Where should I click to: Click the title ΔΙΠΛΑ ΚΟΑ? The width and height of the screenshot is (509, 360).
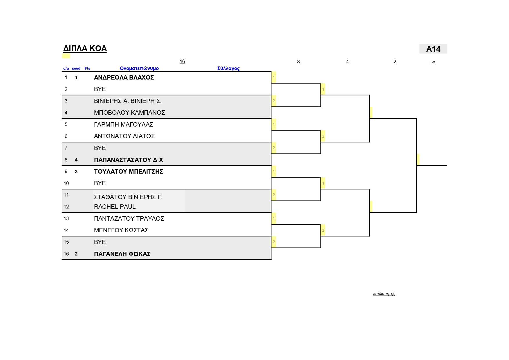pos(85,48)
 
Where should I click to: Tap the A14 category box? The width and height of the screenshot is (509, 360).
pos(433,49)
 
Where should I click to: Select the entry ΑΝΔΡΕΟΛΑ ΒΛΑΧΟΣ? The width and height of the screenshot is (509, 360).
pos(124,78)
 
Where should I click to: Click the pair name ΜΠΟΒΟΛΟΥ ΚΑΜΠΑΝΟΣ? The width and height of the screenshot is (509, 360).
pos(129,113)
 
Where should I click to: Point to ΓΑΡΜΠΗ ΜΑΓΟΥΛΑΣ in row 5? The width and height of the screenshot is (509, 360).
pos(124,125)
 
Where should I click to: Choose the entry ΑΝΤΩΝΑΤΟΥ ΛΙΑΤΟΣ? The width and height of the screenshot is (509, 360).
pos(124,136)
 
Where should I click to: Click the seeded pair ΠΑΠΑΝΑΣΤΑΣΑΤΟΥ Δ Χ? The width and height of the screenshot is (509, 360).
pos(129,160)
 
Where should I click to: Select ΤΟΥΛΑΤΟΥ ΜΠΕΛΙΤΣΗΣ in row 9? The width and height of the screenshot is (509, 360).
pos(129,172)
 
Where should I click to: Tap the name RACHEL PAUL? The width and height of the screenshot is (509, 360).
pos(115,207)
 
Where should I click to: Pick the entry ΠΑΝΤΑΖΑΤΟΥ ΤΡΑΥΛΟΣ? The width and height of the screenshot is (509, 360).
pos(129,219)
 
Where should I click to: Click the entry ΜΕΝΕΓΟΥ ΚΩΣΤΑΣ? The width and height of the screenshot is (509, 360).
pos(121,230)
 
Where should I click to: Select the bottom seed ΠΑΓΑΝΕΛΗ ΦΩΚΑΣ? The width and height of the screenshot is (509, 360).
pos(122,254)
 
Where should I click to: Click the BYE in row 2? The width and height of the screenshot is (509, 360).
pos(100,89)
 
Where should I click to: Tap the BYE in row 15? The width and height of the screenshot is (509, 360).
pos(100,242)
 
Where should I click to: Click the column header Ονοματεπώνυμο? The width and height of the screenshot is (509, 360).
pos(139,69)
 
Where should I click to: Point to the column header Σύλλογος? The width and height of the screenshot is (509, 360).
pos(228,69)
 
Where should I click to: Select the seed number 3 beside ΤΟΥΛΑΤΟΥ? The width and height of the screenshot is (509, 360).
pos(76,172)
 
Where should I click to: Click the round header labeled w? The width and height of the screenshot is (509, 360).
pos(433,62)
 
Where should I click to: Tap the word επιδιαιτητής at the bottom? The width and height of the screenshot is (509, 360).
pos(384,294)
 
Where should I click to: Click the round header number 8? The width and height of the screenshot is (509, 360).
pos(298,62)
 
